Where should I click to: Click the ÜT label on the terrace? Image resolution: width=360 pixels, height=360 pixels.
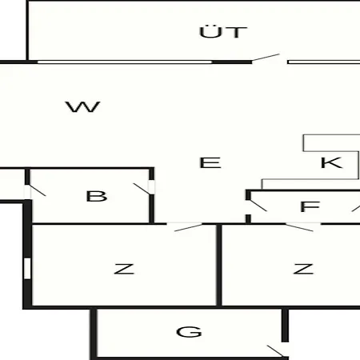223,31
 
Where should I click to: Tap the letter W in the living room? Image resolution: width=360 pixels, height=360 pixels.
82,106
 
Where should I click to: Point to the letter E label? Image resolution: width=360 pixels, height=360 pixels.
210,162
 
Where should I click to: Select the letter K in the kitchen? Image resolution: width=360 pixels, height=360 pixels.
331,162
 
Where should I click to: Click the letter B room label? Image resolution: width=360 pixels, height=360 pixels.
97,196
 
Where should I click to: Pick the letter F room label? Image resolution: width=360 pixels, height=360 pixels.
310,206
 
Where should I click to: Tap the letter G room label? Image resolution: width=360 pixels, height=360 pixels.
189,332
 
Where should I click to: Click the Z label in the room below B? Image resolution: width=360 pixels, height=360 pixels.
124,269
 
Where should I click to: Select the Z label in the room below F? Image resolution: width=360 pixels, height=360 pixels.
303,269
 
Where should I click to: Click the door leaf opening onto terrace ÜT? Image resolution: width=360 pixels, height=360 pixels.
266,58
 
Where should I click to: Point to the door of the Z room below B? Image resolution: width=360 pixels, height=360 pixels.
188,228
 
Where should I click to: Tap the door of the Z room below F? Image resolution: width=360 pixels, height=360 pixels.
299,228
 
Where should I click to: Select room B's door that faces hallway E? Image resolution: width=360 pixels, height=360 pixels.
142,189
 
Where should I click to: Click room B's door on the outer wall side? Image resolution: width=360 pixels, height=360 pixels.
37,190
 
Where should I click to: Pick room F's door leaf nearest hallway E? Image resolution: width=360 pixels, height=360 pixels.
258,206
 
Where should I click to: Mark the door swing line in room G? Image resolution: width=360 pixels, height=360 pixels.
276,351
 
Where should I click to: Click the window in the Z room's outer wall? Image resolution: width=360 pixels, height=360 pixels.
27,269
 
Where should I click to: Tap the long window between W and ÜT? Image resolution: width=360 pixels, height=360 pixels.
125,62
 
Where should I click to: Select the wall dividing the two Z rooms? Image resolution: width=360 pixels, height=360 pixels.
219,265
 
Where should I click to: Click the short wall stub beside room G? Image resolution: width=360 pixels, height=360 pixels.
285,325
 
